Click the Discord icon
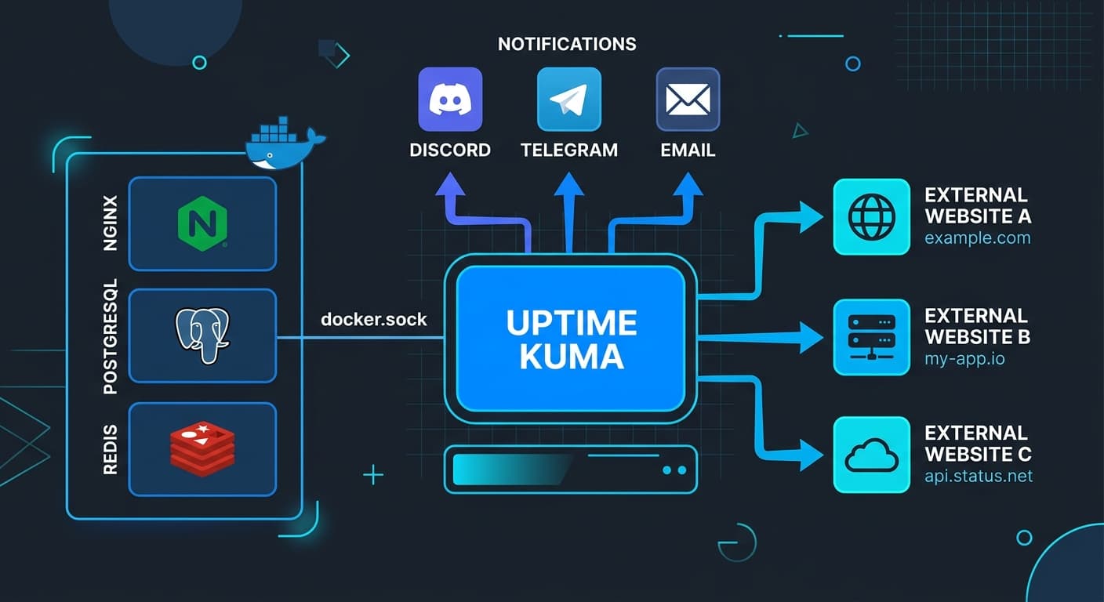pos(450,99)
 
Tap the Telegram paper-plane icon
pos(568,99)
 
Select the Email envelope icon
pos(687,99)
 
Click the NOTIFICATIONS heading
pos(567,44)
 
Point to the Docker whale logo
pos(282,144)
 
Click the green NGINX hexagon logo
pos(202,223)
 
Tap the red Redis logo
pos(202,449)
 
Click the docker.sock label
pos(374,319)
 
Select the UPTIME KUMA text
pos(571,339)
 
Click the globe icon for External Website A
pos(871,217)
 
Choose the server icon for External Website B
pos(871,337)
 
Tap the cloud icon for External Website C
pos(871,455)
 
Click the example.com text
pos(977,238)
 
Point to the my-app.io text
pos(964,359)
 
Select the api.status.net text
pos(979,476)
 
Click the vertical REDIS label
pos(110,449)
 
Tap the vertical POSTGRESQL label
pos(110,335)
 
